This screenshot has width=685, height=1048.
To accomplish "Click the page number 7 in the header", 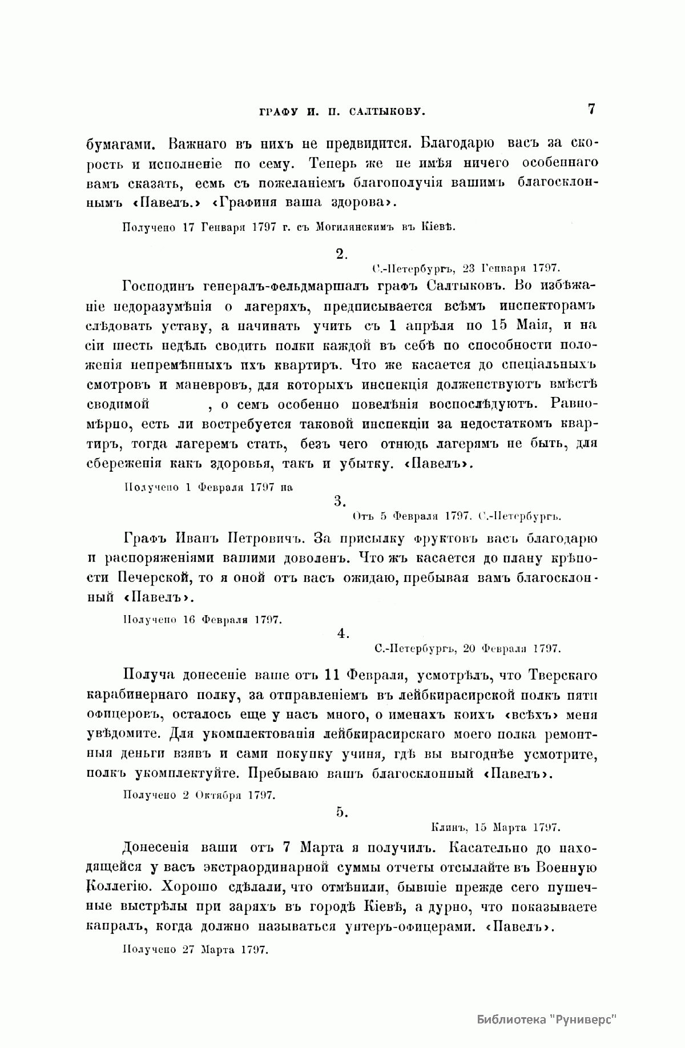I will (x=591, y=109).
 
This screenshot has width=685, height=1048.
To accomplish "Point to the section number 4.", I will (x=342, y=633).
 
